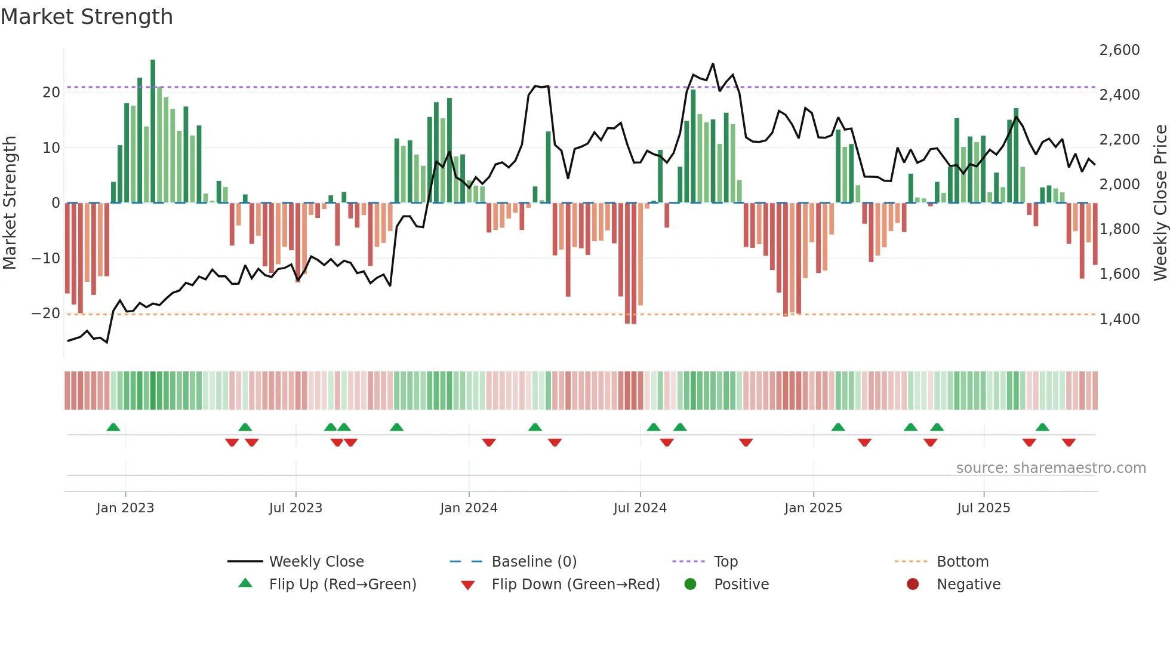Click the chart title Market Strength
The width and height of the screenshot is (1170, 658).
click(87, 17)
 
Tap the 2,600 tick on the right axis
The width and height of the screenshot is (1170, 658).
click(1119, 50)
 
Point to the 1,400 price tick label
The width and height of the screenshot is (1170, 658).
click(1119, 319)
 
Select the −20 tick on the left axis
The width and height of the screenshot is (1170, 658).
click(45, 313)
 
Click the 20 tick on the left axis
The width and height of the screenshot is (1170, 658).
click(51, 92)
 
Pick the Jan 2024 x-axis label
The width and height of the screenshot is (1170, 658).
click(469, 508)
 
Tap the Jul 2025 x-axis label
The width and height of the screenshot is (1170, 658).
click(983, 508)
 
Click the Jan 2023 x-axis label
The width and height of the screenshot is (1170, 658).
click(125, 508)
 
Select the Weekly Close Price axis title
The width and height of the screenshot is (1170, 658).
click(1160, 203)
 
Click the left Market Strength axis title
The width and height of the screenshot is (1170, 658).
click(10, 203)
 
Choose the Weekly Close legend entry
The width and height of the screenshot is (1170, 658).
click(316, 561)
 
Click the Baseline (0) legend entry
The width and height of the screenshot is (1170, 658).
click(534, 561)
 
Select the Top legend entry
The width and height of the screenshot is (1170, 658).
click(725, 561)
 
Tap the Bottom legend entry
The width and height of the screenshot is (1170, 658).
click(962, 561)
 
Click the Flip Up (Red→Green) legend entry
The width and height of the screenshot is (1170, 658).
click(342, 584)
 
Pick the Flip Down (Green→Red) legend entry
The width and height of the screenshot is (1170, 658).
click(575, 584)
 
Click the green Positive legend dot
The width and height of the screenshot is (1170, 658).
click(690, 584)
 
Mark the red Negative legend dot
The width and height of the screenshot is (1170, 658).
click(913, 584)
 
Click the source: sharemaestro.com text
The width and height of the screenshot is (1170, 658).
click(1051, 468)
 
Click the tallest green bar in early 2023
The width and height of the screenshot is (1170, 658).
click(153, 131)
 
